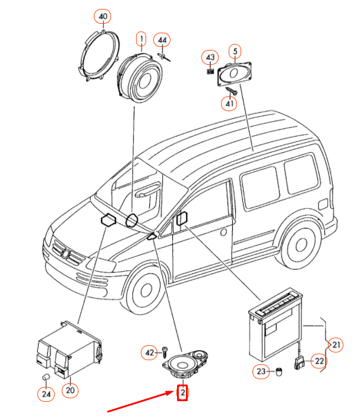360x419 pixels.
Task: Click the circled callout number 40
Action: click(x=103, y=15)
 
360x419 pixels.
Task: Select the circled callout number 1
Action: click(x=141, y=39)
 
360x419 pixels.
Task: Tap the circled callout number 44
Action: click(x=162, y=40)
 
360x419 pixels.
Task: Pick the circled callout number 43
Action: click(x=210, y=57)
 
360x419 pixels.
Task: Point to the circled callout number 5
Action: click(x=235, y=52)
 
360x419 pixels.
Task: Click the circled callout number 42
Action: click(x=149, y=353)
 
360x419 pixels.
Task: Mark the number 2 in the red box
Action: click(x=183, y=392)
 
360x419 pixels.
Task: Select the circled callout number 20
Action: click(x=71, y=390)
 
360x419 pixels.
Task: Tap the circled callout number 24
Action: click(x=45, y=393)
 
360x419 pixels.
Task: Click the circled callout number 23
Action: click(x=262, y=372)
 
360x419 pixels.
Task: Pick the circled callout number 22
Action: click(x=320, y=361)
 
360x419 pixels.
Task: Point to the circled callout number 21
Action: click(x=337, y=344)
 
